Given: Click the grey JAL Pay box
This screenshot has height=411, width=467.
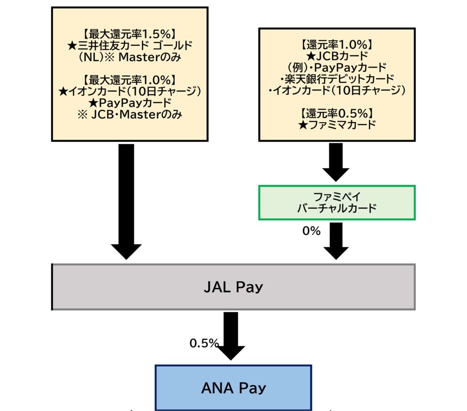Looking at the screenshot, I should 233,287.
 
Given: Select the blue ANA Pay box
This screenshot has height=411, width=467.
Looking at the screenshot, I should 233,388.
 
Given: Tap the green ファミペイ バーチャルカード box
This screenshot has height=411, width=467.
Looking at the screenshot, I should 337,202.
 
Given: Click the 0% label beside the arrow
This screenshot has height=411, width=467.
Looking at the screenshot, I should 311,231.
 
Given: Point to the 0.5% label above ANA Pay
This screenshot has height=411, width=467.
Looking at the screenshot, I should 204,344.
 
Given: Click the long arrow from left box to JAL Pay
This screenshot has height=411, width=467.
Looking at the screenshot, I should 126,200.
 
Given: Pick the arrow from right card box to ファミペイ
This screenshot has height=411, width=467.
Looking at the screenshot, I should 336,162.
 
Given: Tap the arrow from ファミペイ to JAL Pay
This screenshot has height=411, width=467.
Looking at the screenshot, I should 336,241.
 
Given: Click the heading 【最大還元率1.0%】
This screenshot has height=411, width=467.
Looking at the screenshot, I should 130,79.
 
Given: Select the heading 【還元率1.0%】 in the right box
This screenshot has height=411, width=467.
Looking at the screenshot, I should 337,45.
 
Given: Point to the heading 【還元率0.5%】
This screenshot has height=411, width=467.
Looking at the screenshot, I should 337,112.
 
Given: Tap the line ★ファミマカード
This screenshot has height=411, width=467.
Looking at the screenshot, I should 337,124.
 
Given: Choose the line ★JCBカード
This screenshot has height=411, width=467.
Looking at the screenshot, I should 337,56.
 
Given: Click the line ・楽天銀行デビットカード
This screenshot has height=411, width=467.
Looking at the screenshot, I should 337,78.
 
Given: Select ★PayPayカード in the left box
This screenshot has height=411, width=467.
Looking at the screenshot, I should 130,103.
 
